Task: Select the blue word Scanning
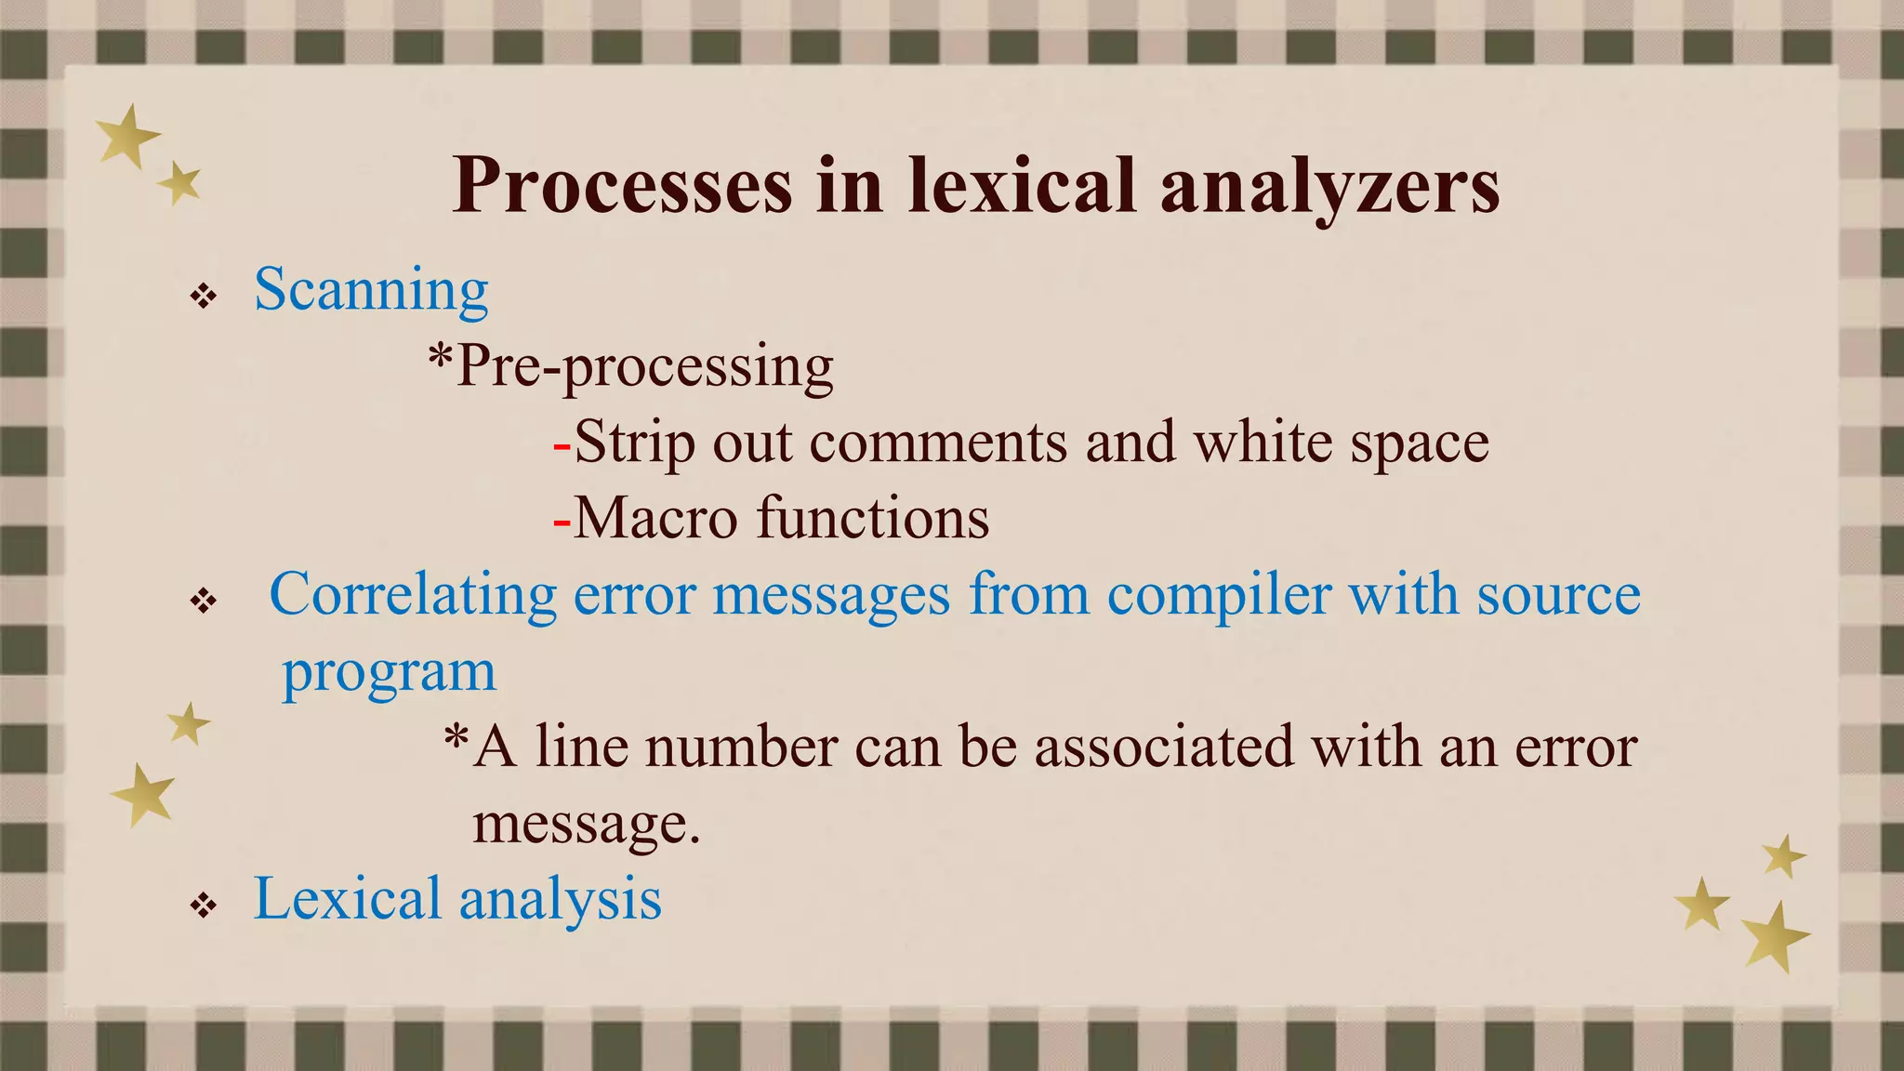click(371, 290)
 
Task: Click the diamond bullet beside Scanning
click(203, 297)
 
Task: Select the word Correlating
click(413, 594)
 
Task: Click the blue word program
click(389, 672)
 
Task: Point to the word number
click(741, 747)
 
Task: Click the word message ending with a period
click(586, 824)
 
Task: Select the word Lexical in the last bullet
click(347, 899)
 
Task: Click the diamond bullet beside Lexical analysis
click(203, 905)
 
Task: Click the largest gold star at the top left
click(128, 136)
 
